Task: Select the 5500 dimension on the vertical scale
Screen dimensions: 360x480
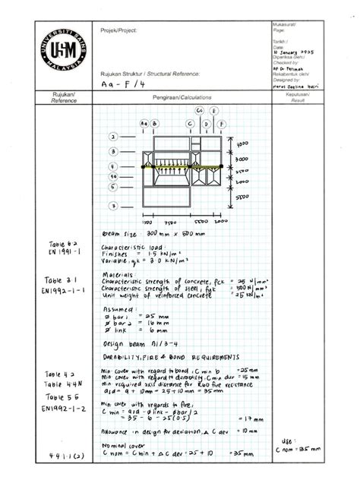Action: tap(242, 196)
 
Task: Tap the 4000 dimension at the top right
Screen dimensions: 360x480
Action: tap(242, 143)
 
